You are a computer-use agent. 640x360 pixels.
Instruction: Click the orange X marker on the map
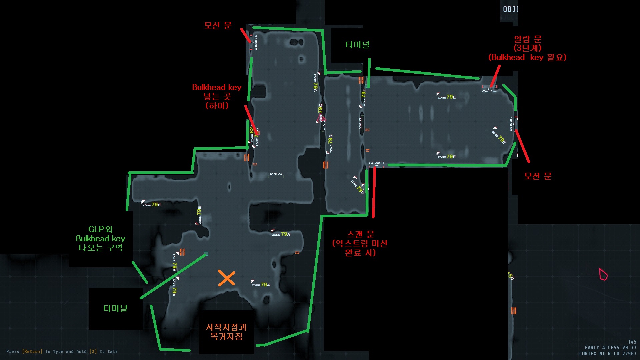click(x=227, y=278)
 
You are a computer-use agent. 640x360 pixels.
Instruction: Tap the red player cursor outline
click(x=603, y=274)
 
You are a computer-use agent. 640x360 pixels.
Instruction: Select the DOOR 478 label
click(x=276, y=174)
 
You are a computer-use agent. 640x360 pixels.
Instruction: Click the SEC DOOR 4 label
click(x=376, y=163)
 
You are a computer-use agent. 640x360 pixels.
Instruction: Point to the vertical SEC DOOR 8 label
click(x=511, y=124)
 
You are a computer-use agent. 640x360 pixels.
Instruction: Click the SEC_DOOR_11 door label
click(x=256, y=42)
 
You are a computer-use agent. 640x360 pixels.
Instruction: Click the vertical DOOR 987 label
click(x=360, y=124)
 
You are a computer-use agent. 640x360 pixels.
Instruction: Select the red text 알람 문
click(x=528, y=39)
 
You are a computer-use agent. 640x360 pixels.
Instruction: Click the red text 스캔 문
click(x=361, y=234)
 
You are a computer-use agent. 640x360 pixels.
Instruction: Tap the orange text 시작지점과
click(x=226, y=327)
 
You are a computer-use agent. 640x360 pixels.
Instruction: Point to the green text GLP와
click(x=100, y=229)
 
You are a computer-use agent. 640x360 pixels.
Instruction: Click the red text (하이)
click(x=217, y=106)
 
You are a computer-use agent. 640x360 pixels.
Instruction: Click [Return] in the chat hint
click(x=32, y=351)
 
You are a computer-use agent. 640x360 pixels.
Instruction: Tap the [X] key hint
click(x=93, y=351)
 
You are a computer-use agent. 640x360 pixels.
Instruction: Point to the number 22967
click(x=629, y=354)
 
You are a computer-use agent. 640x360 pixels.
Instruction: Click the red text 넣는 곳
click(x=217, y=97)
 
